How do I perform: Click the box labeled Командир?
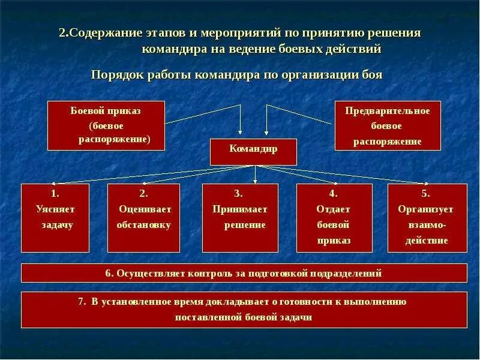click(253, 151)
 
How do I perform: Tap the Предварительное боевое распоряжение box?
click(387, 125)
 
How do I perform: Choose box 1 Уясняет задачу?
click(55, 217)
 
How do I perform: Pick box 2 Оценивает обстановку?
click(143, 217)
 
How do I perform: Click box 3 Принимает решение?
click(240, 217)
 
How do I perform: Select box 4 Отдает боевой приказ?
click(334, 217)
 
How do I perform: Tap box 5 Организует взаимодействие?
click(427, 217)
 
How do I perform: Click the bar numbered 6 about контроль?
click(244, 273)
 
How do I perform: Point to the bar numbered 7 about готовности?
click(244, 310)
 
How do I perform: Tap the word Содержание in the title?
click(106, 32)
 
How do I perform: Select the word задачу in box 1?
click(57, 225)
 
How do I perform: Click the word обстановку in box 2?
click(144, 225)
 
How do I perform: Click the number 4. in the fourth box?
click(334, 193)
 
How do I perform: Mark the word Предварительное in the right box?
click(388, 111)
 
